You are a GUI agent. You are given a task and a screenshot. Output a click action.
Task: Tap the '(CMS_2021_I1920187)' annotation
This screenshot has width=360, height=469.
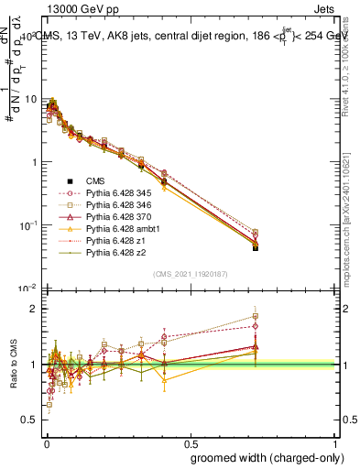tap(190, 274)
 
